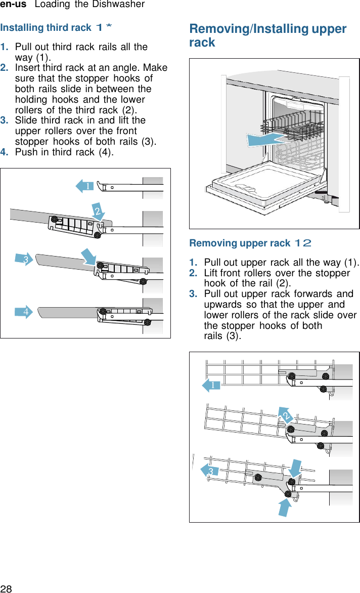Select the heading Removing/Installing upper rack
click(x=267, y=35)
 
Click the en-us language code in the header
click(x=13, y=5)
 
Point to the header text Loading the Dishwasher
click(x=89, y=5)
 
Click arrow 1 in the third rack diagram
click(x=85, y=186)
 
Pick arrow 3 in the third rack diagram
click(x=23, y=260)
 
